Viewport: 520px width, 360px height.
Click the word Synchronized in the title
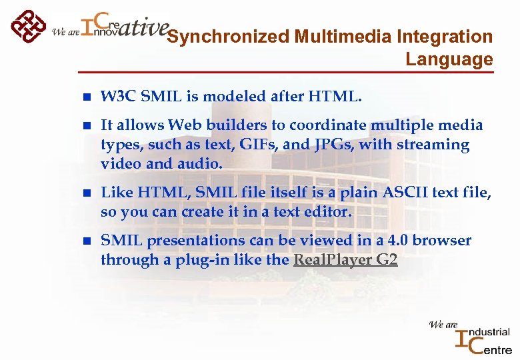click(x=226, y=37)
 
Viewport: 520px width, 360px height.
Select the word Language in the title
click(x=449, y=59)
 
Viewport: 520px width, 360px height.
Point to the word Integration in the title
click(x=443, y=37)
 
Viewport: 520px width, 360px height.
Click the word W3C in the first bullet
click(x=117, y=97)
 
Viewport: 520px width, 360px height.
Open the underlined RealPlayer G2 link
click(x=345, y=259)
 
